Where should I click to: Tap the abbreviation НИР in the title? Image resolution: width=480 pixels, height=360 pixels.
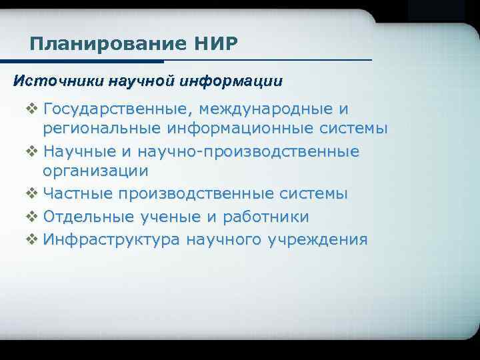(215, 45)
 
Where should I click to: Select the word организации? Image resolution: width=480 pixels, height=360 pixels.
(95, 171)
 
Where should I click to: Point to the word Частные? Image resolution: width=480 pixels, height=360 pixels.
(77, 194)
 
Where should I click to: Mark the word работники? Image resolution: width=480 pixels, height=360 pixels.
(265, 217)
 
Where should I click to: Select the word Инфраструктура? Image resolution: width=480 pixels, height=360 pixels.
(112, 239)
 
